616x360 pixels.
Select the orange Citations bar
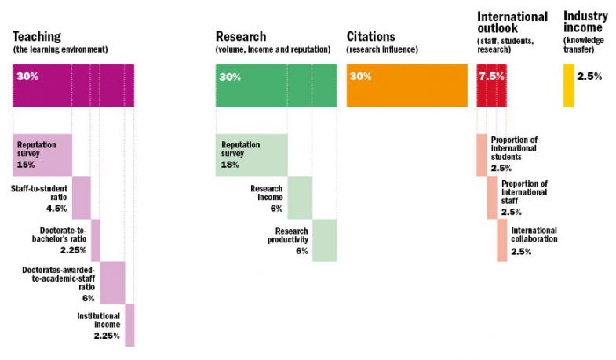click(406, 85)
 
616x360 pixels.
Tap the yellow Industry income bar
click(568, 85)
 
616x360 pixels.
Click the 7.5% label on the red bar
click(491, 77)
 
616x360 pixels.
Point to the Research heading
click(241, 37)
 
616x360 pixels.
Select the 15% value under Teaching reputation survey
click(27, 165)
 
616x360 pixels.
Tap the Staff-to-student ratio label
click(39, 194)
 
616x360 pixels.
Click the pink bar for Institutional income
click(129, 325)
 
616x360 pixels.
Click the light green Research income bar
click(300, 198)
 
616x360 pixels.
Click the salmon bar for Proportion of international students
click(481, 155)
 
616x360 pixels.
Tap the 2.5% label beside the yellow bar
click(589, 77)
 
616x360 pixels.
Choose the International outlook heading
click(512, 23)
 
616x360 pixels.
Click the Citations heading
click(372, 37)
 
